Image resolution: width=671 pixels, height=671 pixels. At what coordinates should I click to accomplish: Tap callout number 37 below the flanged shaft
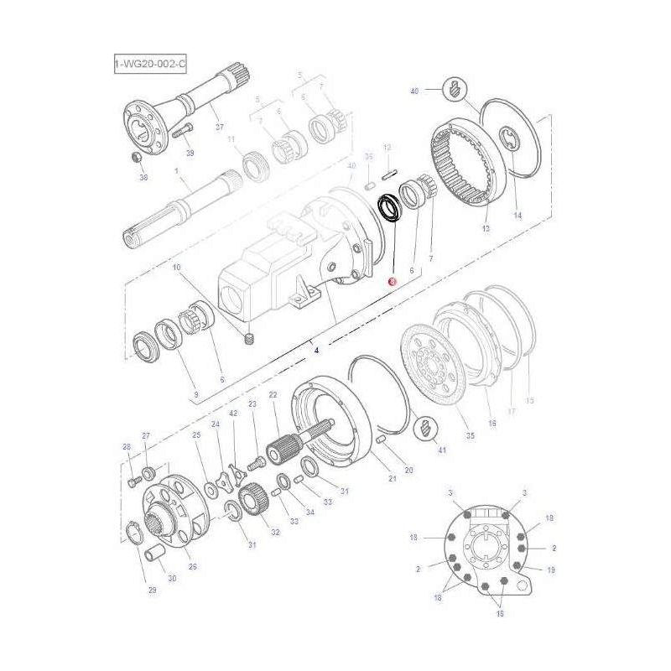(220, 127)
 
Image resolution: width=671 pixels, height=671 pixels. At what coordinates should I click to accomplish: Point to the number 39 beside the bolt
(190, 153)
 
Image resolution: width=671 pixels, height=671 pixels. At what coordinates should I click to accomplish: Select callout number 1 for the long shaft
(177, 171)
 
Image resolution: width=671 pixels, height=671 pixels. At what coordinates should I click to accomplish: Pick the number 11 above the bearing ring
(231, 139)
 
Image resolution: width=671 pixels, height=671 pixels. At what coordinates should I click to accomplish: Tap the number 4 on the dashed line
(316, 350)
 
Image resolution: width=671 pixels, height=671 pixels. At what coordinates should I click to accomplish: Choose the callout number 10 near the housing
(176, 268)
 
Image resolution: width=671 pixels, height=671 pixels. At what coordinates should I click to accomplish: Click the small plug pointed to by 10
(248, 339)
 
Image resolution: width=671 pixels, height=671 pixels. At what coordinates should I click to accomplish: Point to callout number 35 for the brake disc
(470, 436)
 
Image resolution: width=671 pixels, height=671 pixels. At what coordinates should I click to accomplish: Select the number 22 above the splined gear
(273, 394)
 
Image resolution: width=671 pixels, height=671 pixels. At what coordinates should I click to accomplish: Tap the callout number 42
(232, 414)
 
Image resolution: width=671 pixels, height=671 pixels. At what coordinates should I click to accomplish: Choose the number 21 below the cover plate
(392, 478)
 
